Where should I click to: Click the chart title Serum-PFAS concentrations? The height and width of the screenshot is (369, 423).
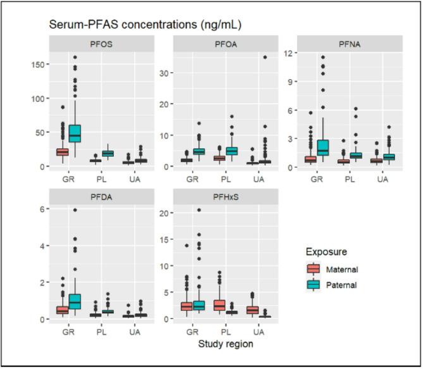tap(145, 25)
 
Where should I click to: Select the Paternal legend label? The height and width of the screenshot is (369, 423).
tap(342, 285)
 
